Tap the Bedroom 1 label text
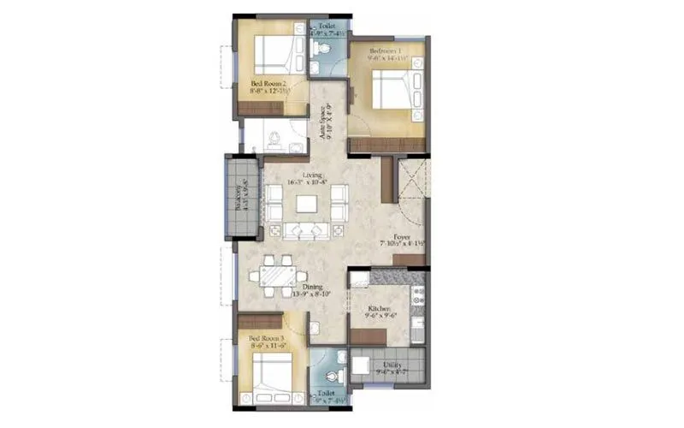(389, 51)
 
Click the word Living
(300, 175)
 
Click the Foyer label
(402, 235)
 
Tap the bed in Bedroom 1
(389, 90)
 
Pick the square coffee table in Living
(305, 204)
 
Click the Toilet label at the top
(326, 27)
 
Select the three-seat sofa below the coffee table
(305, 231)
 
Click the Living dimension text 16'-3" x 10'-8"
(305, 183)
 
